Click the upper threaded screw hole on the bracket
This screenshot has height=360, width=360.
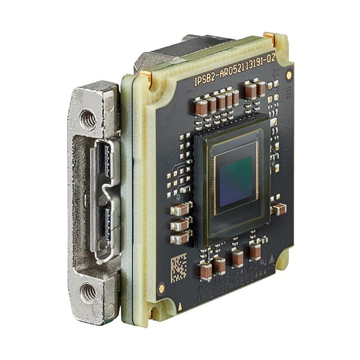pos(88,120)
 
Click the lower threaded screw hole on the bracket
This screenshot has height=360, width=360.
pos(87,292)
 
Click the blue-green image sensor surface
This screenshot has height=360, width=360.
pos(236,174)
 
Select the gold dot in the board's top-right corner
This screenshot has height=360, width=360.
pos(289,75)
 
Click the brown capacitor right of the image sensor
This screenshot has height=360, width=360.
pos(278,209)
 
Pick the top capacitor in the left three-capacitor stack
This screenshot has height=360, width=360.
pos(180,210)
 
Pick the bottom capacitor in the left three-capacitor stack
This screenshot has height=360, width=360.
pos(180,238)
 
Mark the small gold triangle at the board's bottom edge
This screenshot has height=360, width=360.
pos(180,307)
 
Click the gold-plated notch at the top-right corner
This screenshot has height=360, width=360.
pos(271,38)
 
